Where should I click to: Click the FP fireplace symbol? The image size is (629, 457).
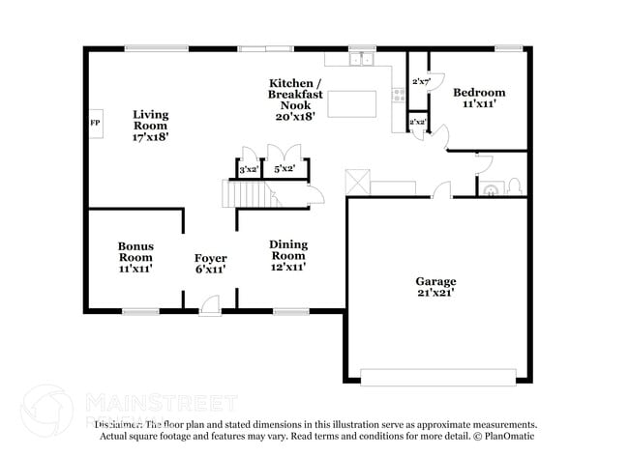point(95,125)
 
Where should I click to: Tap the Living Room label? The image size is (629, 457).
point(150,126)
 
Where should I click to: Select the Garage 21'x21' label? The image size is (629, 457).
point(435,287)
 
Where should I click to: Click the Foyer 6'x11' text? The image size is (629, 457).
point(210,264)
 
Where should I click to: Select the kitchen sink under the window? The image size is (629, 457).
point(363,60)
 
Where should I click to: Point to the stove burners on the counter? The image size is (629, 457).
point(397,95)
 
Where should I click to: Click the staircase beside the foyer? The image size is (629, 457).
point(247,196)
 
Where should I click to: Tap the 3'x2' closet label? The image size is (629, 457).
point(248,170)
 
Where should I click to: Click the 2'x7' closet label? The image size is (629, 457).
point(420,82)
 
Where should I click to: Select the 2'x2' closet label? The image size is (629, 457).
point(417,123)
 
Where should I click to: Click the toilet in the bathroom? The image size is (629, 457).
point(515,186)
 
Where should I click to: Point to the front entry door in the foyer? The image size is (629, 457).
point(209,308)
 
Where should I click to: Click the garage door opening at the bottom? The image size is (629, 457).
point(437,376)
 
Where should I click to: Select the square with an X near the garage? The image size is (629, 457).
point(358,181)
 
